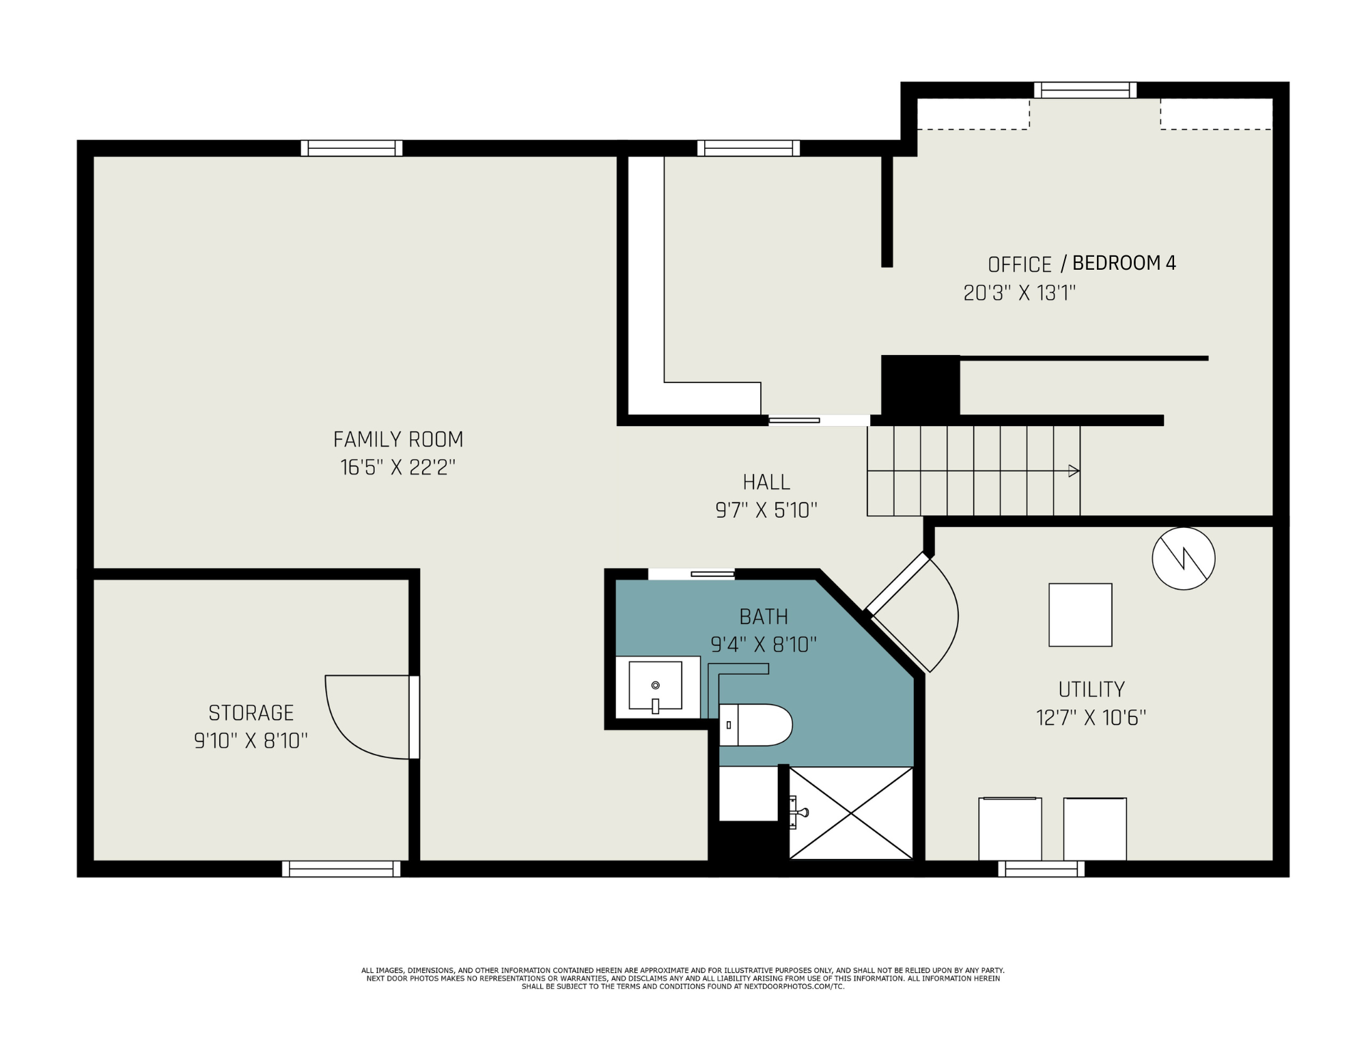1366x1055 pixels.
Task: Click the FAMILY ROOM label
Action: [398, 439]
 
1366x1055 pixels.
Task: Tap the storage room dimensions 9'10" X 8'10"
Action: [251, 741]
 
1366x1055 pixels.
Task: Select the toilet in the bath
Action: [755, 725]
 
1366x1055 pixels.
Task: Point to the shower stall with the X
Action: [851, 813]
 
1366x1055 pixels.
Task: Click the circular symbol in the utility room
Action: [1184, 559]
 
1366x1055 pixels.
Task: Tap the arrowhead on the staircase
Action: [1074, 470]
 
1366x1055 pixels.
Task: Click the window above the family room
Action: [352, 148]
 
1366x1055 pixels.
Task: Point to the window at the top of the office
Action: [1085, 90]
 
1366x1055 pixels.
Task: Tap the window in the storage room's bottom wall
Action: [341, 869]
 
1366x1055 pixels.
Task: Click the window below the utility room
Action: [1041, 869]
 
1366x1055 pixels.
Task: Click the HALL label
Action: [766, 482]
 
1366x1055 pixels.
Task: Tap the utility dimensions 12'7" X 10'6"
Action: [1091, 718]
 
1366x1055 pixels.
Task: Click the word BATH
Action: [764, 617]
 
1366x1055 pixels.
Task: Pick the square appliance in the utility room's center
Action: [1081, 615]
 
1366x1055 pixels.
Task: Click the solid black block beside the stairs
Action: [921, 386]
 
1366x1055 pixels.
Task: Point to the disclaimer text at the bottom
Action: [683, 979]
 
